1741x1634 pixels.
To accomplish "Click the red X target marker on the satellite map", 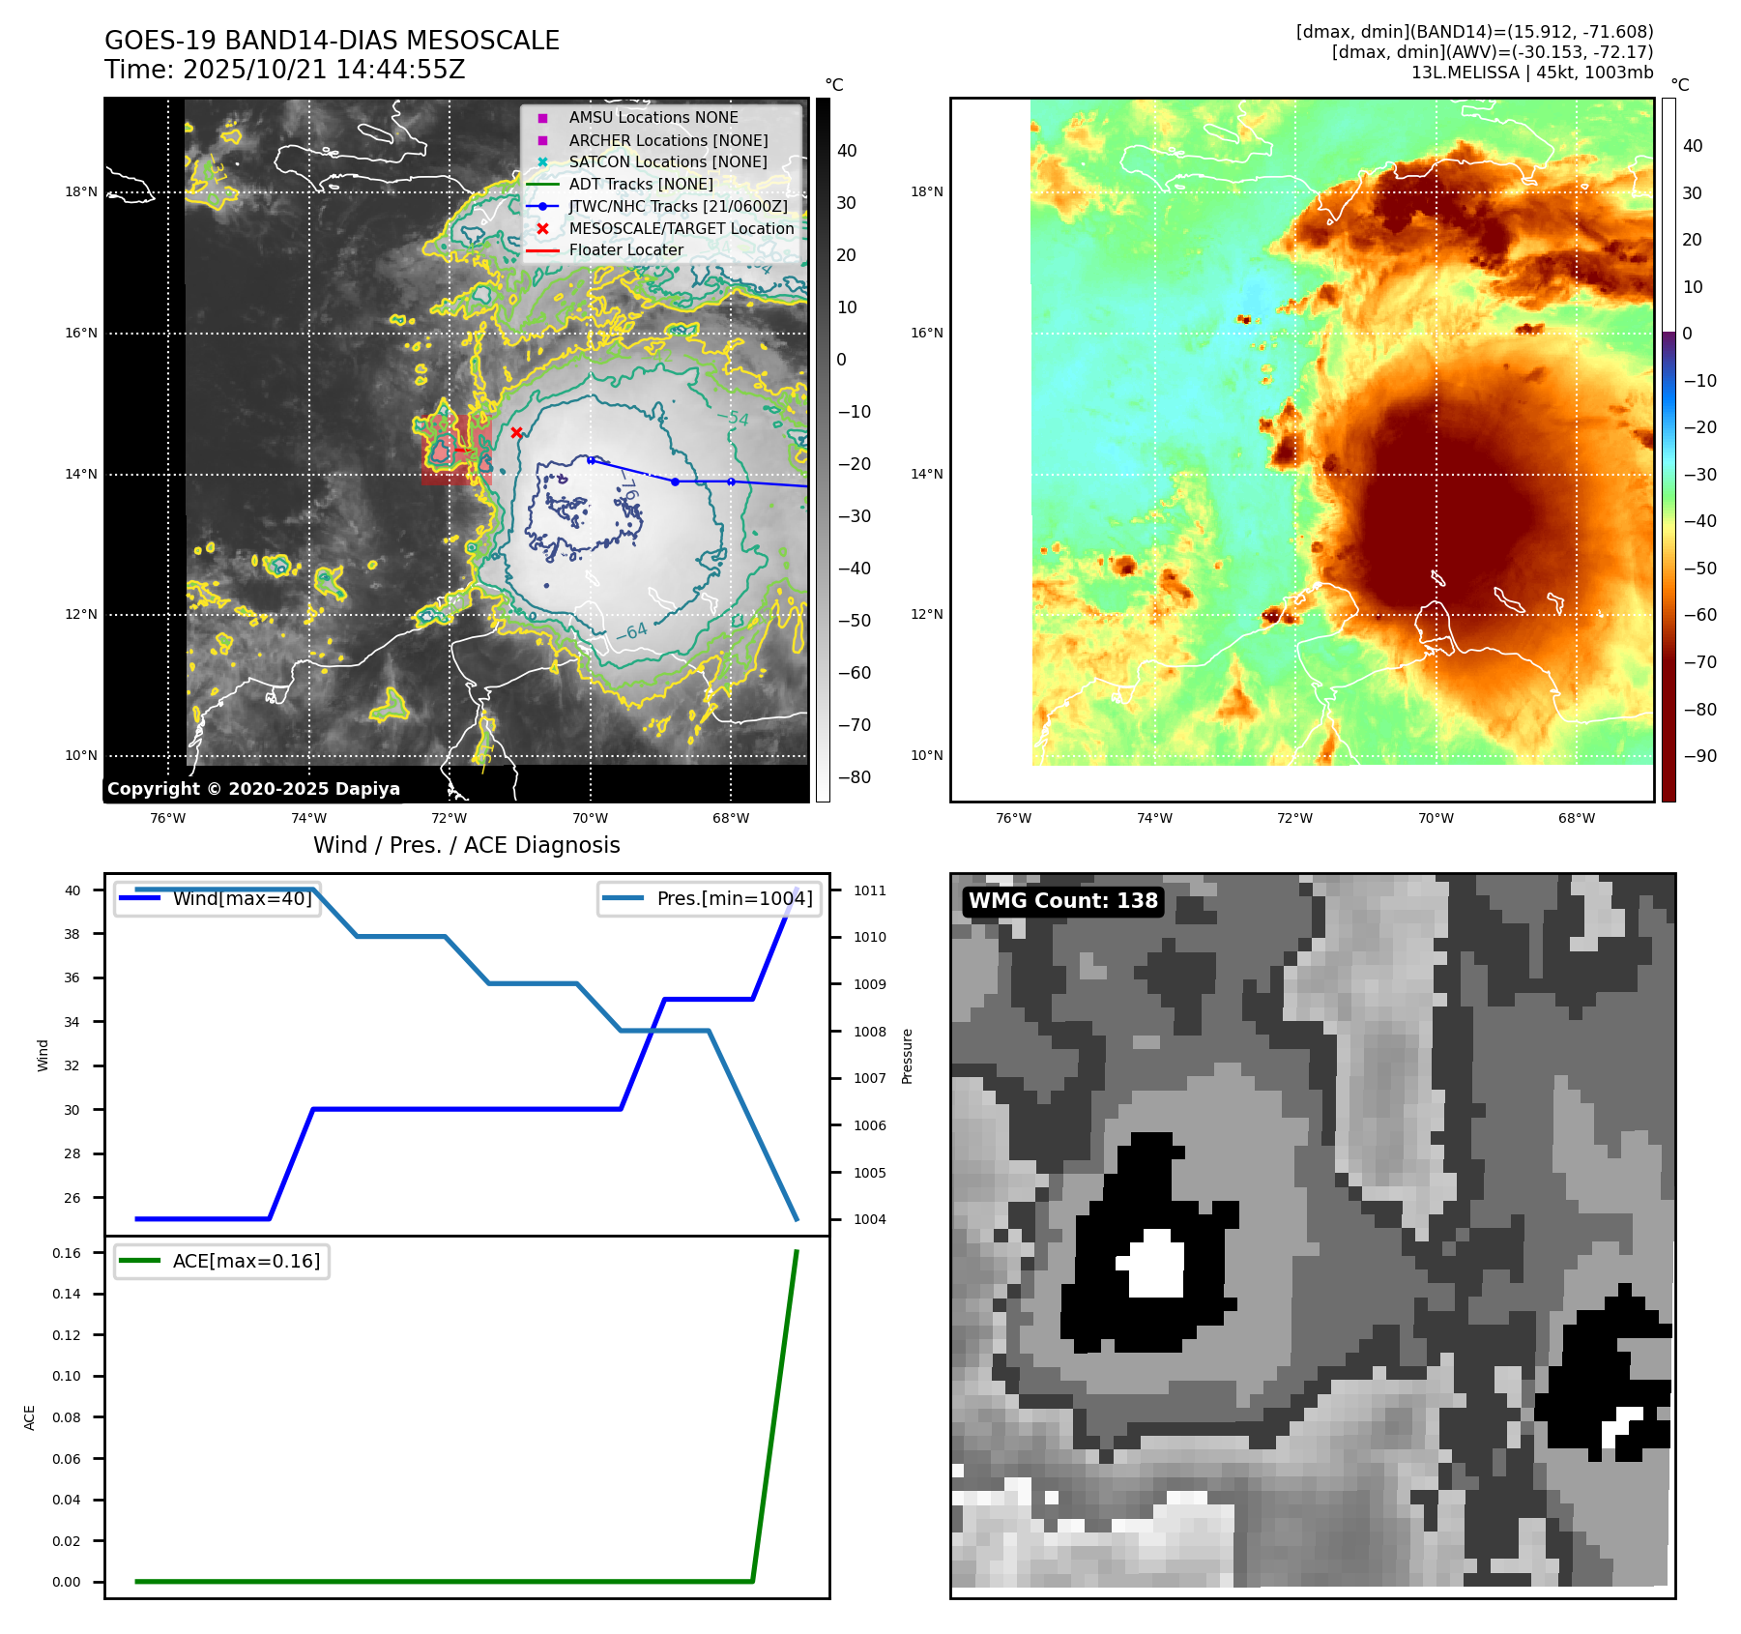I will click(x=516, y=432).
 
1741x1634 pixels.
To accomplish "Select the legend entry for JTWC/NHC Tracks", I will click(x=678, y=206).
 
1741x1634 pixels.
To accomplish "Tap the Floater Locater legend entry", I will click(x=625, y=249).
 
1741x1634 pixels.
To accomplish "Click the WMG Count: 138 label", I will click(x=1062, y=901).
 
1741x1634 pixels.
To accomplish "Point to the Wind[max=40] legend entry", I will click(x=242, y=898).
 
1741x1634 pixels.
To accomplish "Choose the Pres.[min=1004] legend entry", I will click(x=734, y=898).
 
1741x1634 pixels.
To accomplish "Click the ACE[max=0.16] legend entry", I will click(x=246, y=1261).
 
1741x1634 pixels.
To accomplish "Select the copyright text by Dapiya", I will click(x=253, y=789).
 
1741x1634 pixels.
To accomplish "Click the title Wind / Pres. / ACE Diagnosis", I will click(x=466, y=845).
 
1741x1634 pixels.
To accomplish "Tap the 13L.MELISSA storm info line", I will click(x=1531, y=73).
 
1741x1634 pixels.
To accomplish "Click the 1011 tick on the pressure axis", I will click(x=869, y=890).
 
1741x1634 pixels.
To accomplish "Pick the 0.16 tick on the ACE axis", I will click(x=67, y=1253).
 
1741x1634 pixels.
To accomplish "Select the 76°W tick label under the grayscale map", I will click(x=168, y=818).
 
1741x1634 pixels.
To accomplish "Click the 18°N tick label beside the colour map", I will click(x=926, y=191).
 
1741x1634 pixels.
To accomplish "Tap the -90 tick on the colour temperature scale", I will click(x=1699, y=756).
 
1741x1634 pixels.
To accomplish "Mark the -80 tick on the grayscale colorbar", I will click(x=854, y=777).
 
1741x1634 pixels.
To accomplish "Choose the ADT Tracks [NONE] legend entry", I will click(x=641, y=184).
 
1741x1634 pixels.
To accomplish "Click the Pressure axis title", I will click(x=907, y=1056).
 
